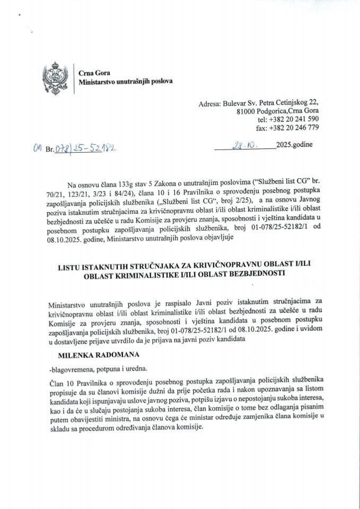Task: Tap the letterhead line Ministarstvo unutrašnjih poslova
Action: click(125, 83)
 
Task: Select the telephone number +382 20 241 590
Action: click(292, 120)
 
